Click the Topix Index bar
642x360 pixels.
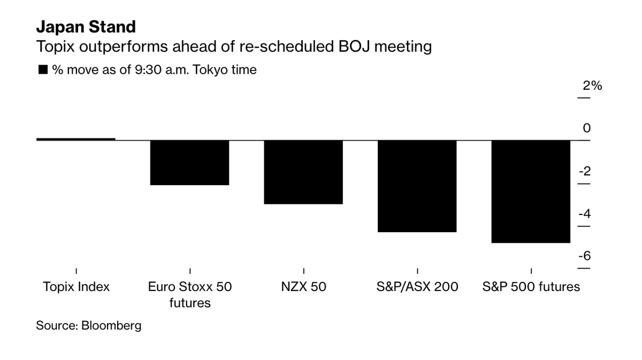tap(76, 139)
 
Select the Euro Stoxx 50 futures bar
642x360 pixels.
tap(189, 163)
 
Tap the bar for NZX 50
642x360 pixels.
tap(303, 172)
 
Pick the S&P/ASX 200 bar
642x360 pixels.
tap(417, 186)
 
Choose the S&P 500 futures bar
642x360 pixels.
tap(531, 192)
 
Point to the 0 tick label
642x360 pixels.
tap(586, 128)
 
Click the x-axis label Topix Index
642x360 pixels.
tap(76, 287)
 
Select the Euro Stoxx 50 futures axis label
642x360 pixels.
tap(189, 295)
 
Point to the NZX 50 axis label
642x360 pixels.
tap(303, 287)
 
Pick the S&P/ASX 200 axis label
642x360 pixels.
tap(417, 287)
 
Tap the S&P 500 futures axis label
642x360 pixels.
tap(531, 287)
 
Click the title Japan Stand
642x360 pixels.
tap(86, 27)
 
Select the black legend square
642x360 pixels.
tap(43, 70)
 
